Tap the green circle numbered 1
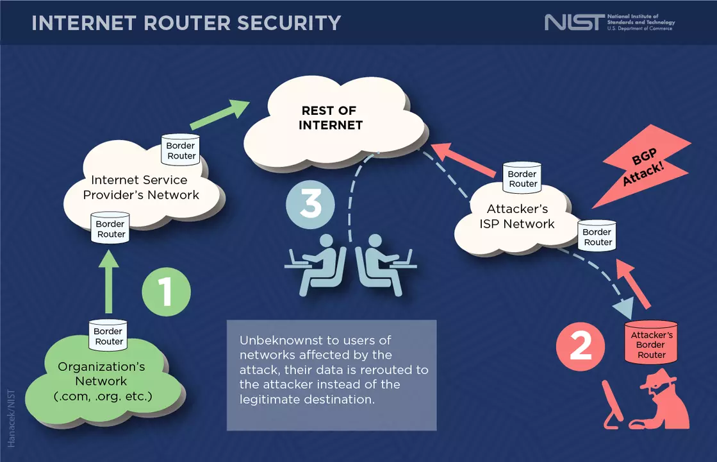[166, 292]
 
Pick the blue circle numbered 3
[310, 205]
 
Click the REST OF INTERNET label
[329, 118]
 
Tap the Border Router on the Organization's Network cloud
[108, 335]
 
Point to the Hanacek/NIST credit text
[11, 417]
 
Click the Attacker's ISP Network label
[516, 216]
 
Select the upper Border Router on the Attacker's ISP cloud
[522, 178]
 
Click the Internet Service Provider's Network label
[141, 187]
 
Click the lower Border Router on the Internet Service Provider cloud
[111, 228]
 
